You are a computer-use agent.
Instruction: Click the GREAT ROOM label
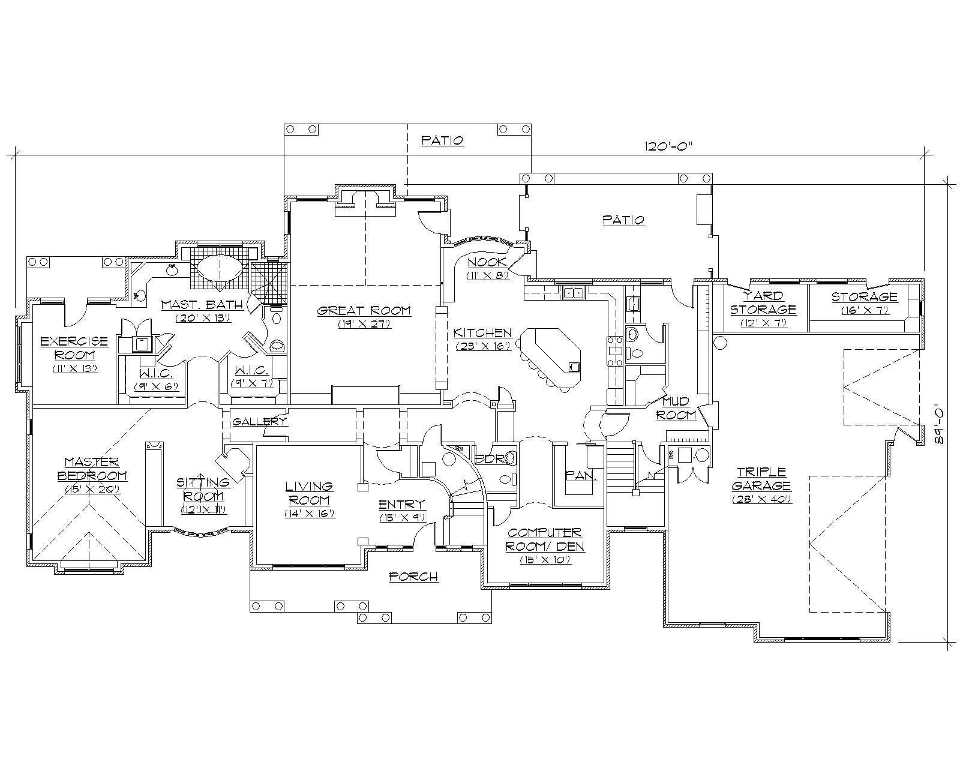[364, 310]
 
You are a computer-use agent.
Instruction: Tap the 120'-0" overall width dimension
[668, 145]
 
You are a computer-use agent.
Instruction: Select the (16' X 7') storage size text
[864, 310]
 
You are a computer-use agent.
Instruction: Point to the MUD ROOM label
[676, 408]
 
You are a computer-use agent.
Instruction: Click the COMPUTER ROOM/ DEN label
[545, 539]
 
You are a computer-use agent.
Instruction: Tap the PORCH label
[413, 577]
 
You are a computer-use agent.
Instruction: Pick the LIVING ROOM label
[309, 493]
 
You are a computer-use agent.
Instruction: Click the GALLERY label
[259, 421]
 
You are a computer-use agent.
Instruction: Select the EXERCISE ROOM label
[74, 347]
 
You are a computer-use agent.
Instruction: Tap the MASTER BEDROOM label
[92, 469]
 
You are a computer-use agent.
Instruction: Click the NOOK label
[487, 262]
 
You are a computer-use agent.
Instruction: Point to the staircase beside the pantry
[620, 466]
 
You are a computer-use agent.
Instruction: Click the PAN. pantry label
[581, 476]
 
